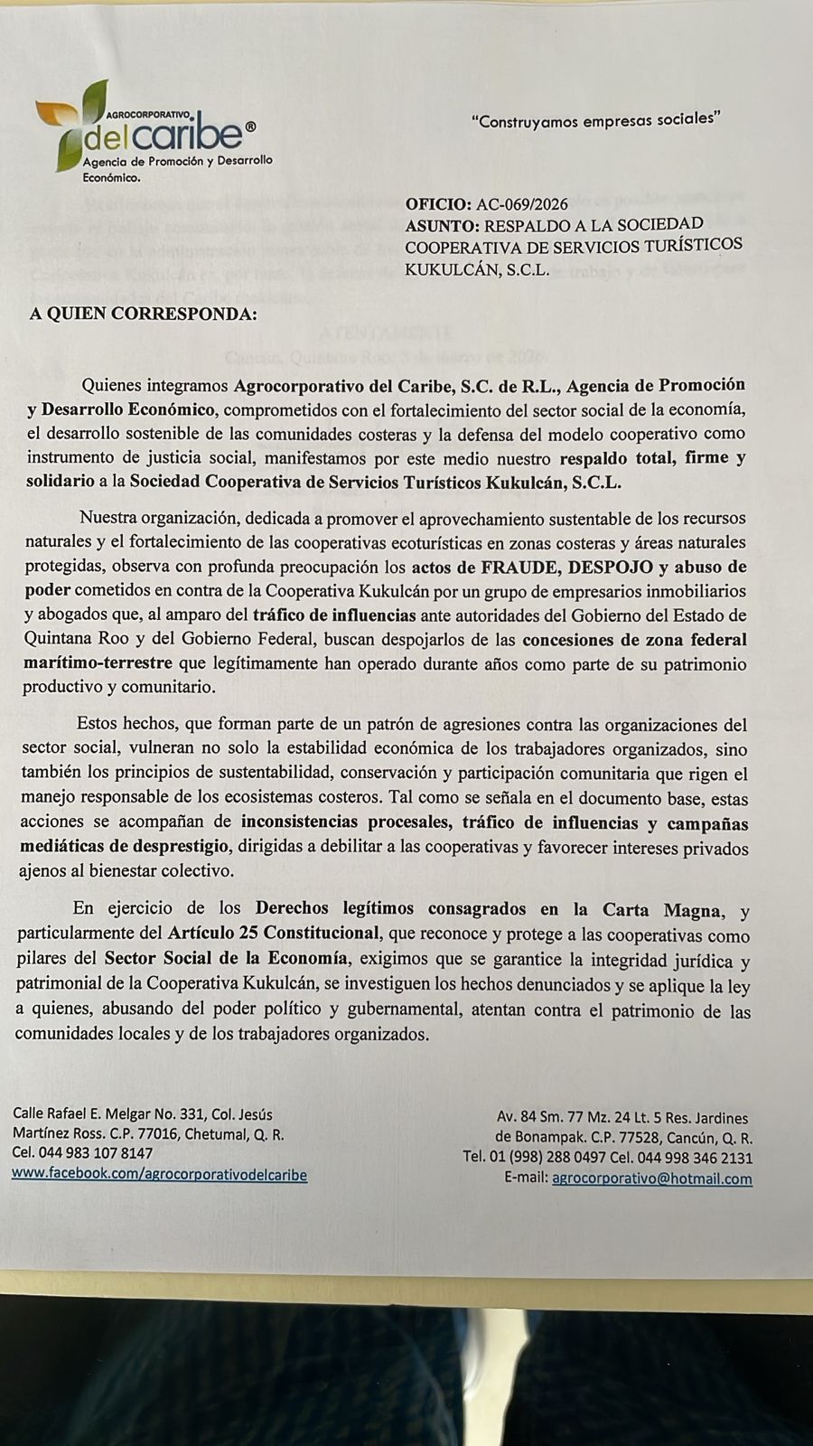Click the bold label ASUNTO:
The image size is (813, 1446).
point(443,225)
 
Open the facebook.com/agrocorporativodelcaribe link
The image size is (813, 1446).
point(159,1175)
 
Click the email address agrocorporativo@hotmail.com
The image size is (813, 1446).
point(651,1178)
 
